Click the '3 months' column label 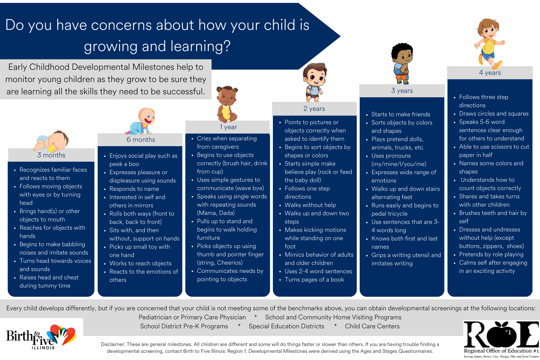pyautogui.click(x=51, y=155)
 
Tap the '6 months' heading pyautogui.click(x=141, y=140)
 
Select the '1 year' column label pyautogui.click(x=228, y=127)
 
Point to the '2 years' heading pyautogui.click(x=314, y=109)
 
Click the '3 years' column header pyautogui.click(x=402, y=91)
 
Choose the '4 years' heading pyautogui.click(x=490, y=73)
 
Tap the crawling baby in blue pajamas pyautogui.click(x=141, y=122)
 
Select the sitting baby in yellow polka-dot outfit pyautogui.click(x=227, y=104)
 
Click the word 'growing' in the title pyautogui.click(x=111, y=46)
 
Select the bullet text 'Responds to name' pyautogui.click(x=134, y=189)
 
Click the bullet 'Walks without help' pyautogui.click(x=310, y=205)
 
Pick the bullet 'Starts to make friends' pyautogui.click(x=401, y=114)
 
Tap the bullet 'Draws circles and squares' pyautogui.click(x=494, y=113)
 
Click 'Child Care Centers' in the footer pyautogui.click(x=372, y=326)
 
